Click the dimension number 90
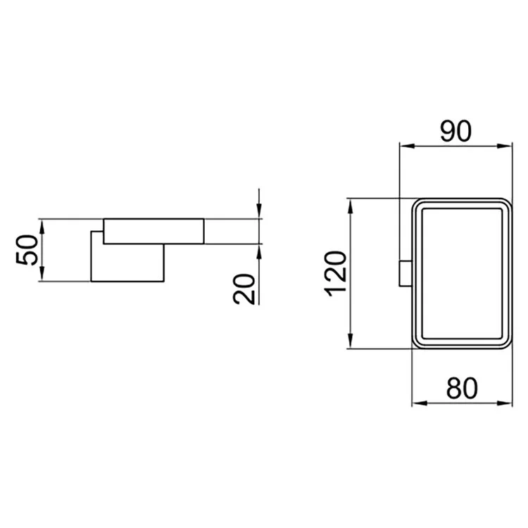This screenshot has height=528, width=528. coord(456,132)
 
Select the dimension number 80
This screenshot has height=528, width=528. coord(462,388)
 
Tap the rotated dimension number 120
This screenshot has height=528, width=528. coord(335,274)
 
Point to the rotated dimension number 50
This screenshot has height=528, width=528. coord(27,250)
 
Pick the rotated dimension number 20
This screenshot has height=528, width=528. coord(244,289)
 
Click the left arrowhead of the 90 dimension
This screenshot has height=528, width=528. coord(407,146)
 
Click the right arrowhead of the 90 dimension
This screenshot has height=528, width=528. coord(505,146)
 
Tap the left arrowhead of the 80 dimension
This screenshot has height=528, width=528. coord(420,403)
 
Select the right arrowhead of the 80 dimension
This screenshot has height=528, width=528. coord(505,403)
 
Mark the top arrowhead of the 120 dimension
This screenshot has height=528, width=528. coord(350,206)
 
